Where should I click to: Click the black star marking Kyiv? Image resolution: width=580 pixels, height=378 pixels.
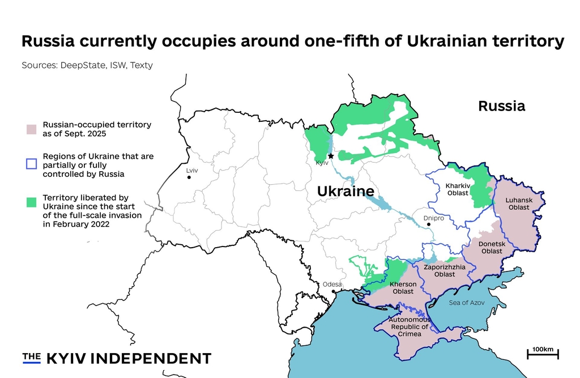[x=331, y=156]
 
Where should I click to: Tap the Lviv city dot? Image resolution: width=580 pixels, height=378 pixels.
[x=189, y=177]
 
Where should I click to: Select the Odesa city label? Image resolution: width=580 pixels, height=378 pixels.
[x=332, y=284]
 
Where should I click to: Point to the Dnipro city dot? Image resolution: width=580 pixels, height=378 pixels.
[x=429, y=224]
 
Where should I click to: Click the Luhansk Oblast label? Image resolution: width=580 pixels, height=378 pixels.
[x=519, y=204]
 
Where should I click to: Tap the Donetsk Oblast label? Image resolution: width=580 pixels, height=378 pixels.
[x=492, y=247]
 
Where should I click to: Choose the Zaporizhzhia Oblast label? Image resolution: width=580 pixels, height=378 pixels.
[x=445, y=270]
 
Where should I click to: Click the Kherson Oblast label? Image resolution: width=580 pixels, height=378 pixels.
[x=403, y=287]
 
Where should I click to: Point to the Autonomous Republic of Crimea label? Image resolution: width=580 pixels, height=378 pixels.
[x=410, y=327]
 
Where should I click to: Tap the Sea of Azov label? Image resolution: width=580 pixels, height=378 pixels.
[x=466, y=303]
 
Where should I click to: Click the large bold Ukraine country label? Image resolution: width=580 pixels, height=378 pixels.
[x=346, y=192]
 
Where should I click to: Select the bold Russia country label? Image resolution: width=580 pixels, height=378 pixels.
[x=501, y=106]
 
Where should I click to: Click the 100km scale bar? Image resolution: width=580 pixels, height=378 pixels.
[x=543, y=353]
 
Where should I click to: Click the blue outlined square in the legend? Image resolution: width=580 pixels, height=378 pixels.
[x=32, y=164]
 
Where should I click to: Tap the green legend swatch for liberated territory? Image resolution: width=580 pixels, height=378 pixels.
[x=32, y=201]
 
